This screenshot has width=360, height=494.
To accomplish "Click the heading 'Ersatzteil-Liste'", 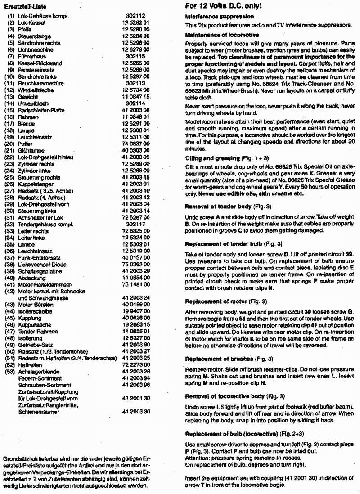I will (21, 6).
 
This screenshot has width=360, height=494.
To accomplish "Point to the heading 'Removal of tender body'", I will (216, 207).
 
